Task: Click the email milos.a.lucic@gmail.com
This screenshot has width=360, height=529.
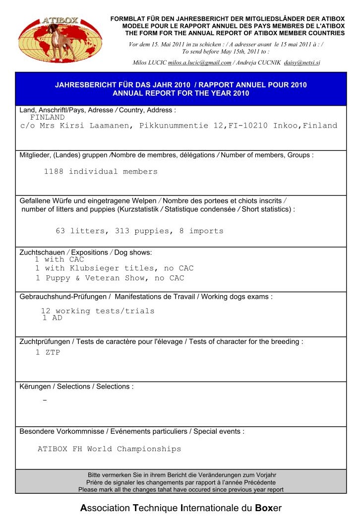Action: point(200,63)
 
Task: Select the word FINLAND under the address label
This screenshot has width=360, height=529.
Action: point(48,118)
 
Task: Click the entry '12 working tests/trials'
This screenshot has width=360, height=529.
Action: point(98,311)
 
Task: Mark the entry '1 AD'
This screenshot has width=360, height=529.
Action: point(53,318)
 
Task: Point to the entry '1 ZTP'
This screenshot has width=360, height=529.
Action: point(48,353)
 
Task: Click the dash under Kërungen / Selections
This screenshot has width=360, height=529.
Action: point(45,400)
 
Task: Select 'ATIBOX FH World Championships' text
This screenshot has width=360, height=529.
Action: point(110,449)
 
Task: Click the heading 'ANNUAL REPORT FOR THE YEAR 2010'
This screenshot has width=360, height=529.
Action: point(181,93)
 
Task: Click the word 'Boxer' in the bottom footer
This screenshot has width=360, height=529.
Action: point(268,508)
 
